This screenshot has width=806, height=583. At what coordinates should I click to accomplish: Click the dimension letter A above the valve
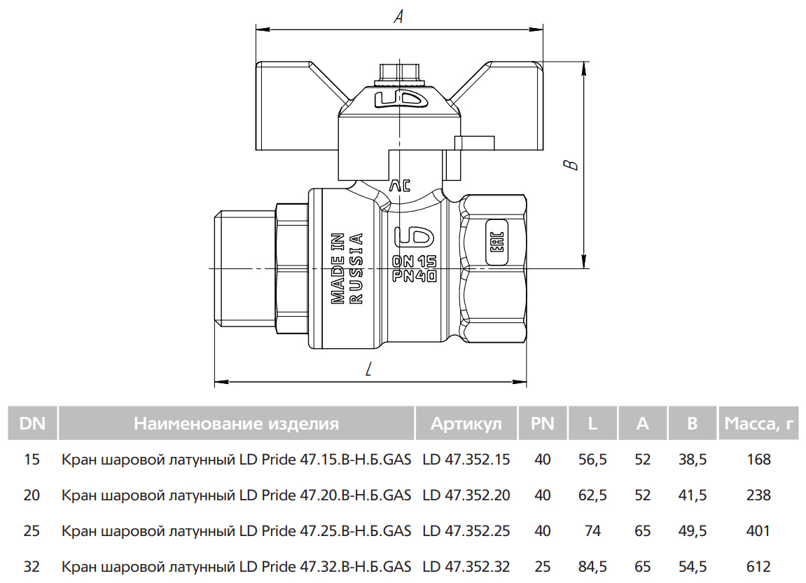coord(398,16)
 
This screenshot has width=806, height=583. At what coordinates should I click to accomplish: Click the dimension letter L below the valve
coord(368,369)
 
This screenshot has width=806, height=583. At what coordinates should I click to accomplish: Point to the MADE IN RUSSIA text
coord(347,268)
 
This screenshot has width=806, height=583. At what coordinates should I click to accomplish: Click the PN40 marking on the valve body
coord(415,276)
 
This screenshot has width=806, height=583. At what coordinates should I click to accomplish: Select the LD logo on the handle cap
coord(401,100)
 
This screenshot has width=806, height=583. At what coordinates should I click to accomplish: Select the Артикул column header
coord(466,423)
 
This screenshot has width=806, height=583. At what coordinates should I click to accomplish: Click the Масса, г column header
coord(758,423)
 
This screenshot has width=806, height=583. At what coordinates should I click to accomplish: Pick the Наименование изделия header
coord(237,423)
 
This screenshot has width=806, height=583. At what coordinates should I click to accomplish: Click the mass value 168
coord(758,459)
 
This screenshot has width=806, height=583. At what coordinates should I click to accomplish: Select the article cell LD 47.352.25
coord(466,530)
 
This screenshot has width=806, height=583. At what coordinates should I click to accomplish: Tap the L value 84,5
coord(592,567)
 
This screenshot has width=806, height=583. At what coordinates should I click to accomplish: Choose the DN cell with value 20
coord(32,495)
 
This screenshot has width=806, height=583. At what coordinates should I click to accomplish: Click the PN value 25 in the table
coord(542,567)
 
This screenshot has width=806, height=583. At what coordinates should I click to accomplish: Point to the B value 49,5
coord(693,530)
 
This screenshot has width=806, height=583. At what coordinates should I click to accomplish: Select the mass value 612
coord(758,567)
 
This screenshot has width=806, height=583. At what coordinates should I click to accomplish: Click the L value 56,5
coord(592,459)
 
